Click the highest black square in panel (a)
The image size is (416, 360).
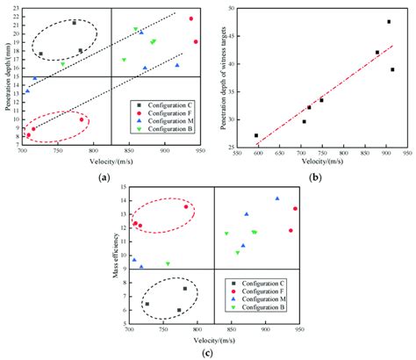tap(74, 23)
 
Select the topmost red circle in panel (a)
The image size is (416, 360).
tap(191, 18)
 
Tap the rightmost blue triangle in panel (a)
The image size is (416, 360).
tap(176, 65)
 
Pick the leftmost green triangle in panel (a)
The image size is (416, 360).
tap(63, 64)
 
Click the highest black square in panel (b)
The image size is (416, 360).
tap(389, 22)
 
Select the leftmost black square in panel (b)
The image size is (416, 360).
tap(256, 136)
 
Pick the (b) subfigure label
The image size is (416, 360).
tap(314, 179)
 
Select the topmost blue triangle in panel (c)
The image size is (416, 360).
tap(277, 198)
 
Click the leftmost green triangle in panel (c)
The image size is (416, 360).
tap(168, 263)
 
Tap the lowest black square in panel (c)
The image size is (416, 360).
tap(179, 310)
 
